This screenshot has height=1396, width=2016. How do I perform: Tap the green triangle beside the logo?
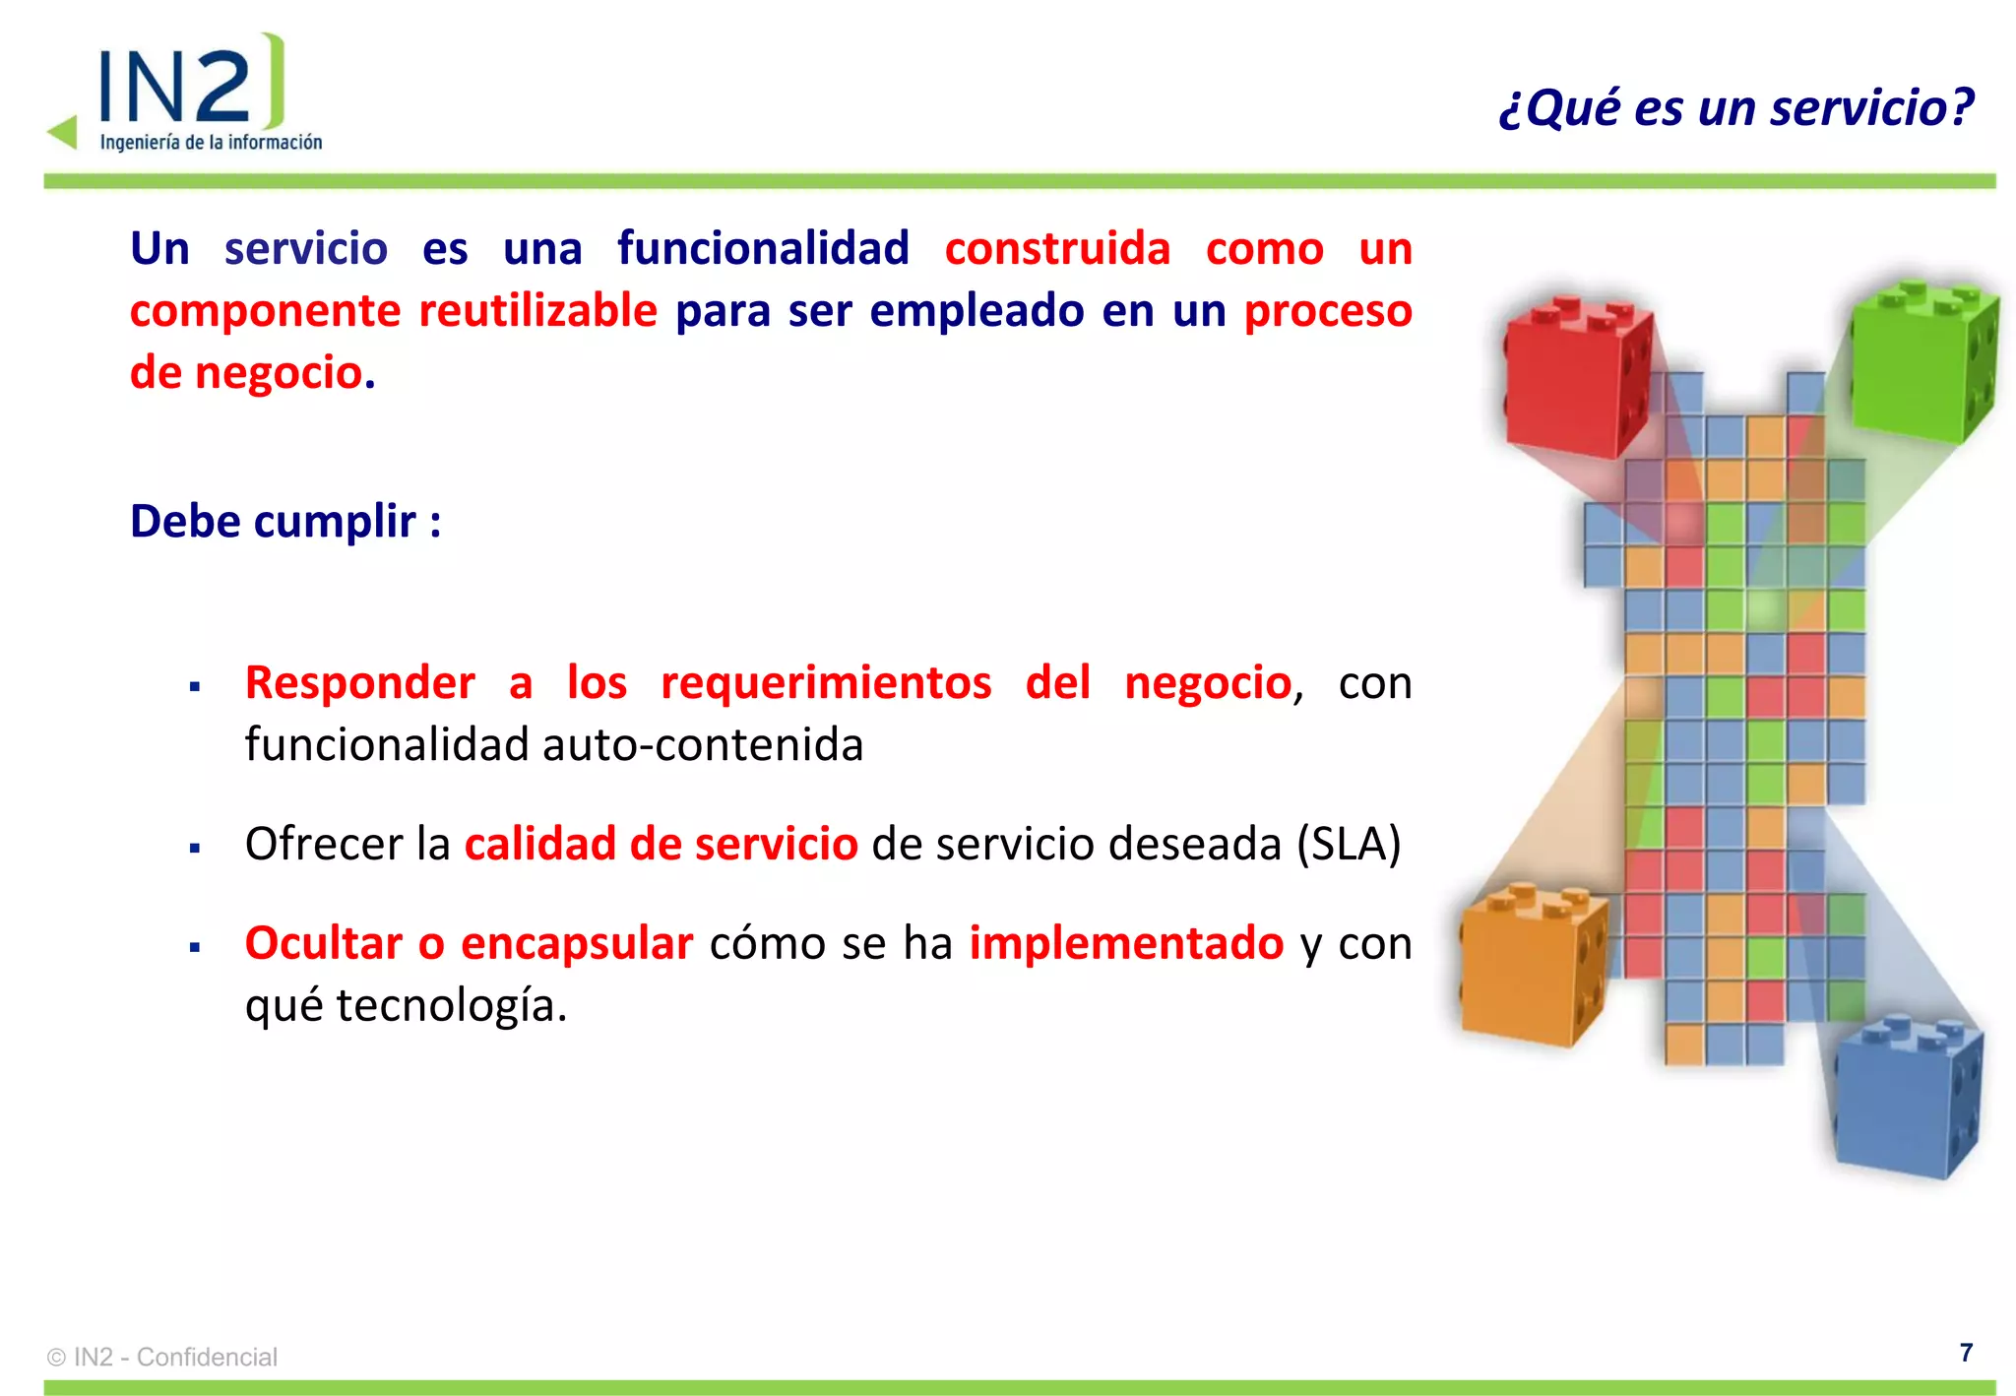(64, 132)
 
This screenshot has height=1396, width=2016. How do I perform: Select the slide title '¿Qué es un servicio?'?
(1735, 107)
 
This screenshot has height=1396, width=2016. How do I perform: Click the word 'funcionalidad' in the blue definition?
(763, 248)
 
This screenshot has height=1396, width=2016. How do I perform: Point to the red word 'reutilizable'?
(537, 311)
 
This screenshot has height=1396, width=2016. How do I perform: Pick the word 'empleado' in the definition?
(976, 311)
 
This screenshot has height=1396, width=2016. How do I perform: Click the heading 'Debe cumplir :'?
(285, 521)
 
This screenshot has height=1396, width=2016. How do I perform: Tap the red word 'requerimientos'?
(826, 682)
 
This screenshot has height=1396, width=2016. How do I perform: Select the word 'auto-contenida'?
(703, 744)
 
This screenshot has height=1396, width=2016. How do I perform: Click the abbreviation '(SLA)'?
(1348, 844)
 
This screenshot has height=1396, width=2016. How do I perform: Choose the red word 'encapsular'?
(577, 943)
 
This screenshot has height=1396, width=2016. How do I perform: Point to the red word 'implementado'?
(1126, 943)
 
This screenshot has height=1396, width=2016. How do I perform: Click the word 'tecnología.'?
(452, 1005)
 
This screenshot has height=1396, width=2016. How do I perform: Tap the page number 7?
(1966, 1353)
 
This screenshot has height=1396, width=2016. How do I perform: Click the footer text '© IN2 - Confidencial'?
(162, 1357)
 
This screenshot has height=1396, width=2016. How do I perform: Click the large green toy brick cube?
(1922, 360)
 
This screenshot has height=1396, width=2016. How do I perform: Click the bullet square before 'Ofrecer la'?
(195, 847)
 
